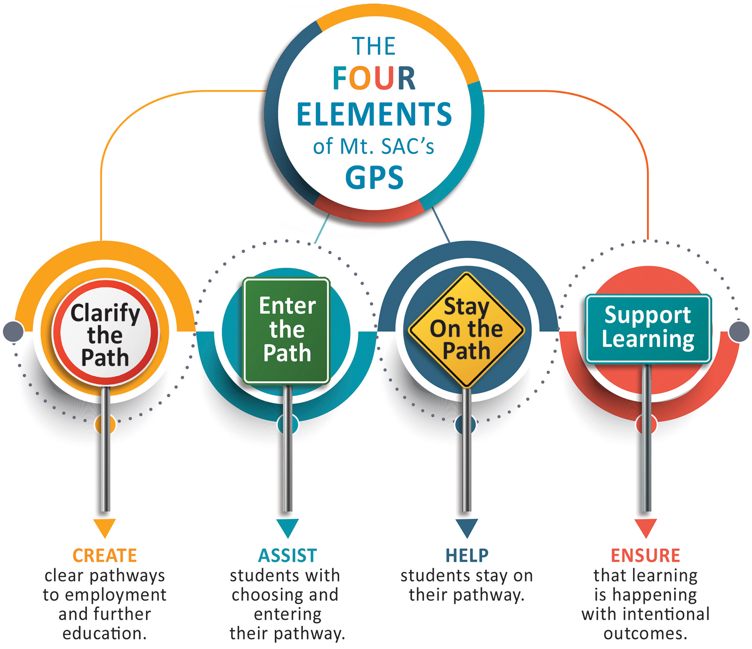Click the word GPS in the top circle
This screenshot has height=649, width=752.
pyautogui.click(x=374, y=178)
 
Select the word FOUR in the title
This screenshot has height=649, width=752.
pyautogui.click(x=374, y=79)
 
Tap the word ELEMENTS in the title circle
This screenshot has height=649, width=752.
pyautogui.click(x=374, y=114)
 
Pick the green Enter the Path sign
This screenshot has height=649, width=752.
pyautogui.click(x=286, y=330)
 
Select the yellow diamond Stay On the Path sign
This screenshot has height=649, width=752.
pyautogui.click(x=466, y=330)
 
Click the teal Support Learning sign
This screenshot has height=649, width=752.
pyautogui.click(x=648, y=328)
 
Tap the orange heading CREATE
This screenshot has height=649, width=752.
pyautogui.click(x=105, y=555)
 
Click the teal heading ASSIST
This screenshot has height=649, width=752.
pyautogui.click(x=287, y=555)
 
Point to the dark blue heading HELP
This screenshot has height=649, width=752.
pyautogui.click(x=467, y=555)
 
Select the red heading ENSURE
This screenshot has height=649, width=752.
pyautogui.click(x=645, y=555)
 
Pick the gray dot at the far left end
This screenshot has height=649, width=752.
pyautogui.click(x=13, y=331)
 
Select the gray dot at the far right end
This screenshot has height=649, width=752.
pyautogui.click(x=739, y=331)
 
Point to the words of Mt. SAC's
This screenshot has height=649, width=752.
pyautogui.click(x=374, y=147)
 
